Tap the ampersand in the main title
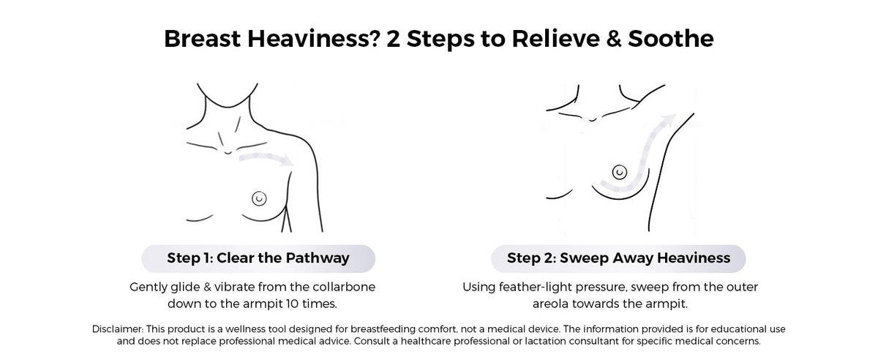[614, 39]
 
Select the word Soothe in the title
[671, 39]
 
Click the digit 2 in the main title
[393, 39]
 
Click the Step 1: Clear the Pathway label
[258, 258]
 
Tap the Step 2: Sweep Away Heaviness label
[618, 258]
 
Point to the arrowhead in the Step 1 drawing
[287, 160]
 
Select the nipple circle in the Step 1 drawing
[259, 198]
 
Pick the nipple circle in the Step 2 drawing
[619, 172]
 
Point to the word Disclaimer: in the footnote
[118, 329]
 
